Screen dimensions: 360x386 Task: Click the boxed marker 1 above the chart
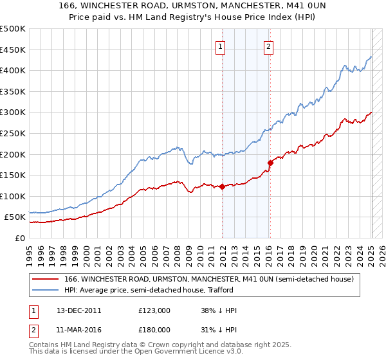[x=221, y=46]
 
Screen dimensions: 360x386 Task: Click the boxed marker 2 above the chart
[x=268, y=46]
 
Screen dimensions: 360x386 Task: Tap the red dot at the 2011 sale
[x=222, y=187]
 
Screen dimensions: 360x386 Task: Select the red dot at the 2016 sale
[x=270, y=163]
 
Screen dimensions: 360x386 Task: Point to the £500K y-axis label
[x=13, y=29]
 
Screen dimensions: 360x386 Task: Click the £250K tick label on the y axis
[x=13, y=133]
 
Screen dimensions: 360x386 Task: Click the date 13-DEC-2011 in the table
[x=79, y=310]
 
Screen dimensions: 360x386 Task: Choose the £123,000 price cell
[x=154, y=310]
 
